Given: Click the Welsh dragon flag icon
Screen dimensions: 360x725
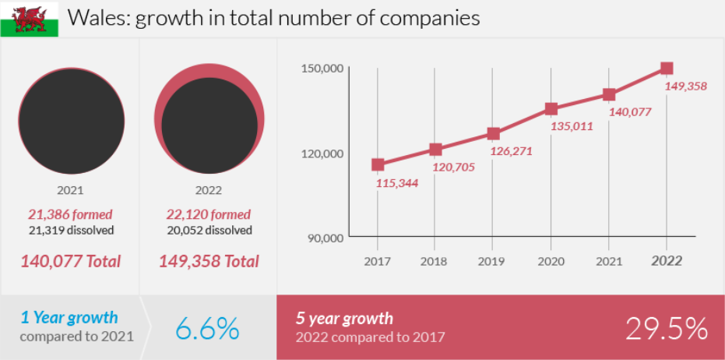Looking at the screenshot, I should pyautogui.click(x=29, y=19).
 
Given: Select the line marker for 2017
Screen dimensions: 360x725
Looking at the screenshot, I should pyautogui.click(x=378, y=164).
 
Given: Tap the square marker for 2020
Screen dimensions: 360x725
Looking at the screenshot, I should pyautogui.click(x=551, y=109).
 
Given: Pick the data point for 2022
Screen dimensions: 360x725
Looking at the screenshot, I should pyautogui.click(x=667, y=69).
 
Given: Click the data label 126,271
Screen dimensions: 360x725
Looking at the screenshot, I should pyautogui.click(x=511, y=151).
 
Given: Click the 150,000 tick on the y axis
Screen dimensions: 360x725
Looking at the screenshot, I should pyautogui.click(x=322, y=69).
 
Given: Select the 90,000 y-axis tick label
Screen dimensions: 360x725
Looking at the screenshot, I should pyautogui.click(x=325, y=238).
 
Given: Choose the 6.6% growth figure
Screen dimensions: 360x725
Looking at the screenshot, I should pyautogui.click(x=207, y=328).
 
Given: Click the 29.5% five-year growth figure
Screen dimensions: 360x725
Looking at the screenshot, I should pyautogui.click(x=667, y=328).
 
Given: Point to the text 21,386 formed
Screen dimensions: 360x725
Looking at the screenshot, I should pyautogui.click(x=70, y=214).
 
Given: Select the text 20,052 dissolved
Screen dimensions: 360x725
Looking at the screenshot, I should pyautogui.click(x=209, y=230).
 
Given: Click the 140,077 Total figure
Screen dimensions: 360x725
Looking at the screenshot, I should pyautogui.click(x=70, y=261).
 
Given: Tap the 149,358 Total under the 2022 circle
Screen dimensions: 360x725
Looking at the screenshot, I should pyautogui.click(x=209, y=261).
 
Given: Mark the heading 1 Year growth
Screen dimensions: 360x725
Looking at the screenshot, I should pyautogui.click(x=69, y=317).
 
